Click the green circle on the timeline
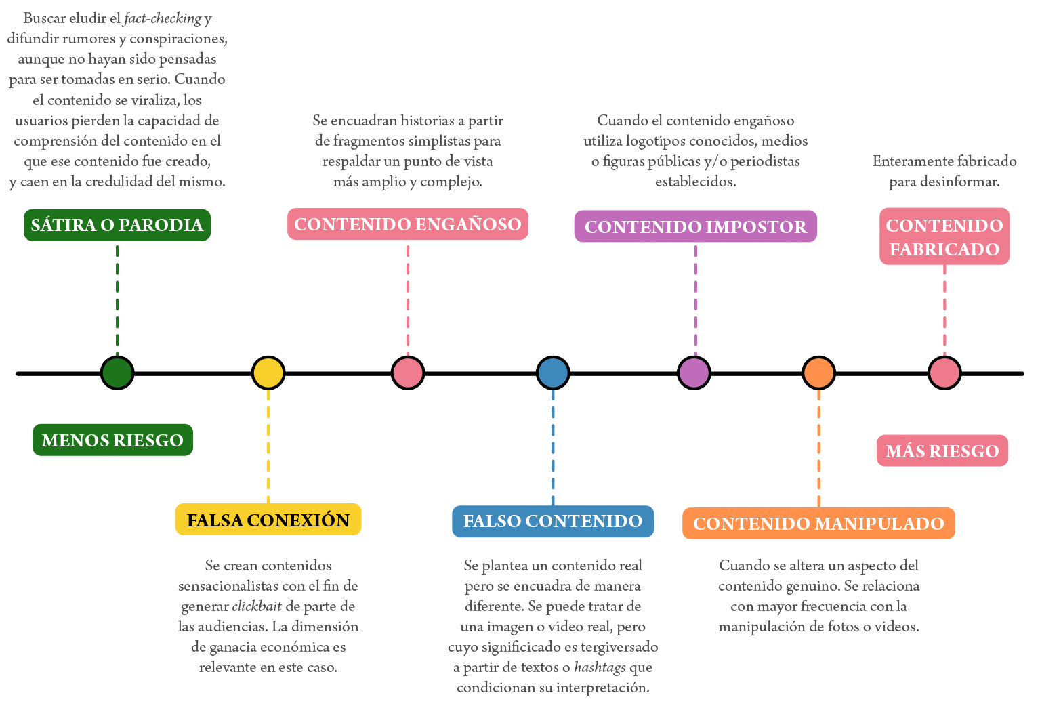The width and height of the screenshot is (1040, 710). tap(117, 373)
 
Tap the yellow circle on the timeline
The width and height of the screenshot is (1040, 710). tap(268, 373)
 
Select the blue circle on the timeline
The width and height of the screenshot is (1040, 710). tap(553, 373)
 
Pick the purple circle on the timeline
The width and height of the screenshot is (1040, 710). tap(694, 373)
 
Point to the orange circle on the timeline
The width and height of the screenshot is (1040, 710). tap(818, 373)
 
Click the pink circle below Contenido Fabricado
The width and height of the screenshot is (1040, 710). tap(944, 373)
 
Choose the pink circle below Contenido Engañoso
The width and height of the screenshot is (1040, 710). tap(408, 373)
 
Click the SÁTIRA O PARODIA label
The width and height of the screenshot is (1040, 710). tap(117, 225)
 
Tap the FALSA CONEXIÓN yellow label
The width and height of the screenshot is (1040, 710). tap(268, 520)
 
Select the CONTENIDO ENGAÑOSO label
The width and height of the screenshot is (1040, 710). tap(408, 224)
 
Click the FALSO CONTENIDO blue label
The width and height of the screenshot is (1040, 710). tap(553, 521)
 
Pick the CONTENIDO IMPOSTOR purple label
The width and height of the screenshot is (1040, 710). tap(696, 226)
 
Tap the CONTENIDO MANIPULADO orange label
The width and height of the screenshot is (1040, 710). tap(818, 523)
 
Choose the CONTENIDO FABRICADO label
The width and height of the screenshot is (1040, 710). tap(944, 236)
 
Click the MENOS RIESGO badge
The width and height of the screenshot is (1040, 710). tap(112, 440)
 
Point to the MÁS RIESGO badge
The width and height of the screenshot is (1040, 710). tap(942, 451)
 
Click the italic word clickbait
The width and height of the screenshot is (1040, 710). tap(257, 606)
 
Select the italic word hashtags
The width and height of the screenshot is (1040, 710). tap(600, 667)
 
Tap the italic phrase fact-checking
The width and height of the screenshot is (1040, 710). tap(163, 18)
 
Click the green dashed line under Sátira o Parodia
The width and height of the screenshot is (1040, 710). tap(117, 298)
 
